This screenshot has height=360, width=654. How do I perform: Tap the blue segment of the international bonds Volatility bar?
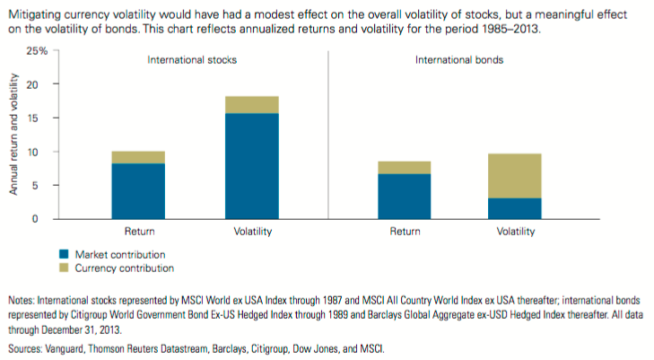coord(515,208)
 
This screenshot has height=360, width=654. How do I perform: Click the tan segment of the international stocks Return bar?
coord(138,157)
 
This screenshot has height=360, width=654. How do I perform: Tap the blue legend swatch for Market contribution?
coord(63,254)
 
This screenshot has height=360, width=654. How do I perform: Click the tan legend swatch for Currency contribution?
coord(63,268)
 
